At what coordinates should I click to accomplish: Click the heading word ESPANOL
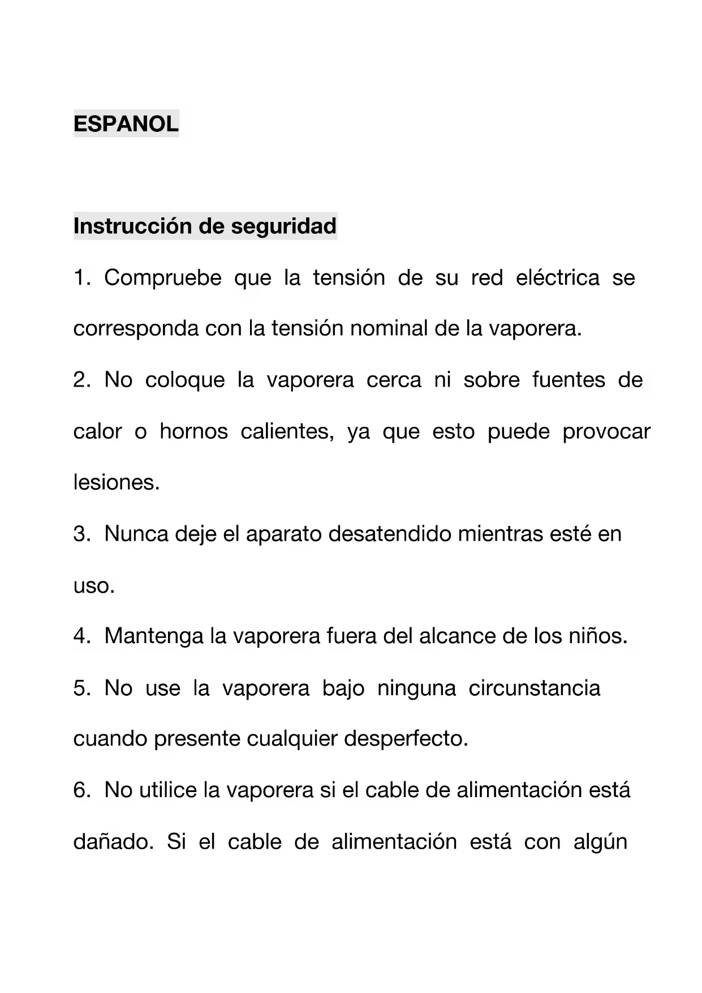[126, 123]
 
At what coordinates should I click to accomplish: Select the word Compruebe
[162, 278]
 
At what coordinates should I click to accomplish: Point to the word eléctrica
[557, 277]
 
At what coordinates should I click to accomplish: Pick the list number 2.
[81, 380]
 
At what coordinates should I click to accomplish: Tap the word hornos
[193, 431]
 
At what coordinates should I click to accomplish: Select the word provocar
[606, 431]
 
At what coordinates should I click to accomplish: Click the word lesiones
[117, 482]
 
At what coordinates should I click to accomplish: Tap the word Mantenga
[154, 636]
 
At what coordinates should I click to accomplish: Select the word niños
[598, 636]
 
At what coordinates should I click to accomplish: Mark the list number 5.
[81, 688]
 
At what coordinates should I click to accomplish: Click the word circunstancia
[534, 688]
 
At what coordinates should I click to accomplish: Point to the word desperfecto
[406, 739]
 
